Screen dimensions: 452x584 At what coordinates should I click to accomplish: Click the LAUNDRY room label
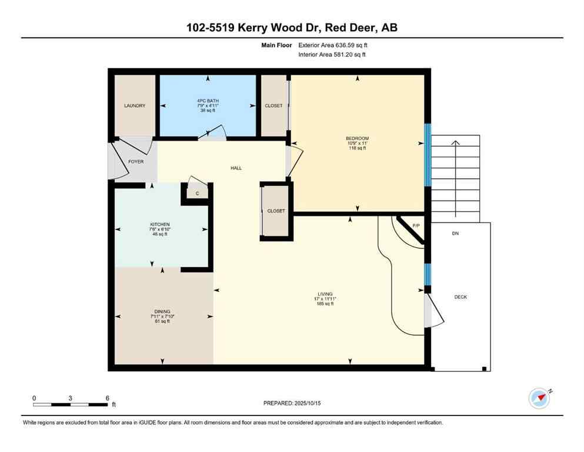[135, 106]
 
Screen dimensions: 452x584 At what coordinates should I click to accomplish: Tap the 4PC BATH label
[208, 101]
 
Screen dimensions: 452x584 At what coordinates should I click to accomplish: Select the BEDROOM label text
[357, 138]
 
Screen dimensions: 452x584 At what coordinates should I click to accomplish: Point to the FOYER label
[136, 161]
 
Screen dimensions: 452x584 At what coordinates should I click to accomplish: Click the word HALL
[236, 168]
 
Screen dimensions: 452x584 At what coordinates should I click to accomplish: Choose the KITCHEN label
[159, 224]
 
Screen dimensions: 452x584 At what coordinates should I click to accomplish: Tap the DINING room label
[162, 311]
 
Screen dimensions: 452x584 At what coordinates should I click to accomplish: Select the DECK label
[460, 297]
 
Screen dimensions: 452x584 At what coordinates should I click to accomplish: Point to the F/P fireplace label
[416, 226]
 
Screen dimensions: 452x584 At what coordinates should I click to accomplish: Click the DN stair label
[455, 234]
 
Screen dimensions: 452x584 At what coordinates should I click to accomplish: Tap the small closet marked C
[198, 193]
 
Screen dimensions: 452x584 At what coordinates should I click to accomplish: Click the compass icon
[539, 398]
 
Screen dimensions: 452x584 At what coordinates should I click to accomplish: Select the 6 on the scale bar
[107, 398]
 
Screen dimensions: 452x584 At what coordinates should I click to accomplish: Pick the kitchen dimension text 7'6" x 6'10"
[159, 230]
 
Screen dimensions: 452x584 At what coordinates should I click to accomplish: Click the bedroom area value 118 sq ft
[357, 148]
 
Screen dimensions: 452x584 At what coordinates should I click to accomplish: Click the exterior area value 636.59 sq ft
[352, 45]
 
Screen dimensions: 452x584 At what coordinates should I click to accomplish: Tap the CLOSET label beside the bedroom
[273, 106]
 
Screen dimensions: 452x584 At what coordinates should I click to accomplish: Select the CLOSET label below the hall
[276, 211]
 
